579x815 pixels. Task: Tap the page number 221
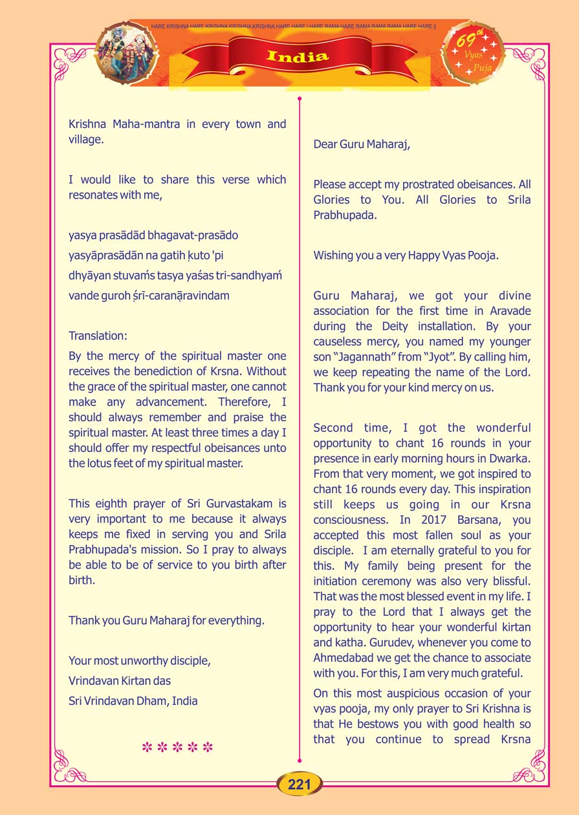pos(300,785)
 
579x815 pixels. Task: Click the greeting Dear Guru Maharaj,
pos(362,144)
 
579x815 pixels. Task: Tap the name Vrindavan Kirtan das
pos(120,680)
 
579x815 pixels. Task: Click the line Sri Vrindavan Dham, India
pos(133,701)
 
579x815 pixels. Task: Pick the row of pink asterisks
pos(177,748)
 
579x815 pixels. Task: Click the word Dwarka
pos(512,459)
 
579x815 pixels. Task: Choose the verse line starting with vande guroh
pos(149,296)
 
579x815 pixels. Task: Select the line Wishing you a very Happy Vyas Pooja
pos(406,255)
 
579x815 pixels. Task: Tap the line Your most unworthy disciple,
pos(140,660)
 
